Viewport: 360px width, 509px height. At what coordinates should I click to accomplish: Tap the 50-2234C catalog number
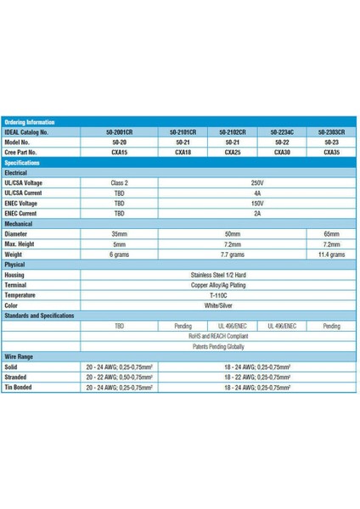[282, 132]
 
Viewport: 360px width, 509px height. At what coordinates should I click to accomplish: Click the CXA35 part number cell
[331, 152]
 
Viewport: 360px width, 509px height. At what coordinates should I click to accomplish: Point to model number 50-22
[282, 143]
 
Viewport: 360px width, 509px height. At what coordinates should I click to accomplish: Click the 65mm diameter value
[331, 232]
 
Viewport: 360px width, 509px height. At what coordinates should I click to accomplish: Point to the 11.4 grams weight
[331, 253]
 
